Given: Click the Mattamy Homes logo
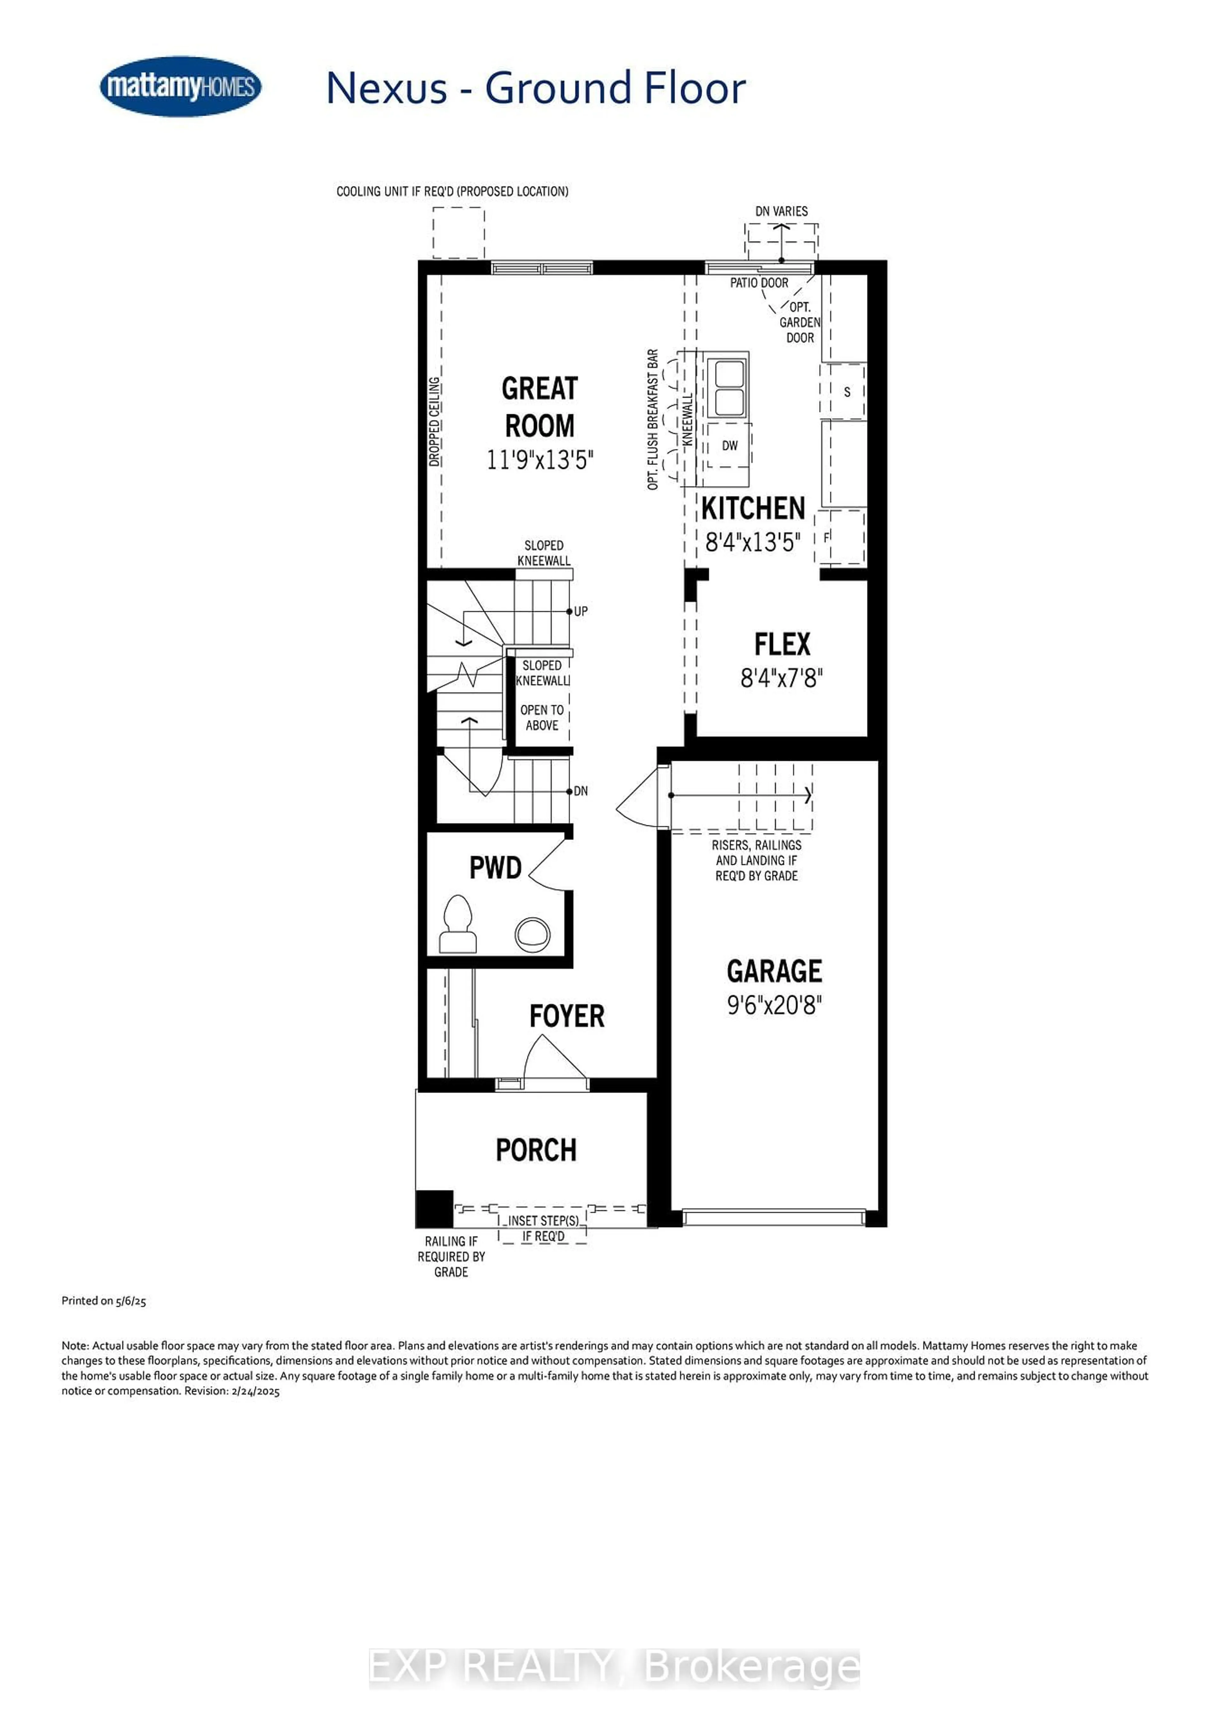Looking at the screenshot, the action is (x=181, y=86).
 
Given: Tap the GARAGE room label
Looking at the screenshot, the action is (x=774, y=971).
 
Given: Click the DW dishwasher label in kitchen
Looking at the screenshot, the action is (x=729, y=446).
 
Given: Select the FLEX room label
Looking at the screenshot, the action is (x=782, y=644).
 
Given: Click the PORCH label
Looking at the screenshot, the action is (x=536, y=1150).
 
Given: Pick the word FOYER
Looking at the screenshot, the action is (x=567, y=1016).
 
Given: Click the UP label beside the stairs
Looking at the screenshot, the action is (x=581, y=611).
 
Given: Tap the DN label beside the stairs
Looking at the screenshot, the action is (x=581, y=791).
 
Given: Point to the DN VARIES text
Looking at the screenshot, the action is (x=782, y=212).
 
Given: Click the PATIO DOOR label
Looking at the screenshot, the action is (x=759, y=283).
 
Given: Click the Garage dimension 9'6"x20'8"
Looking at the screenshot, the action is (x=774, y=1005).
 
